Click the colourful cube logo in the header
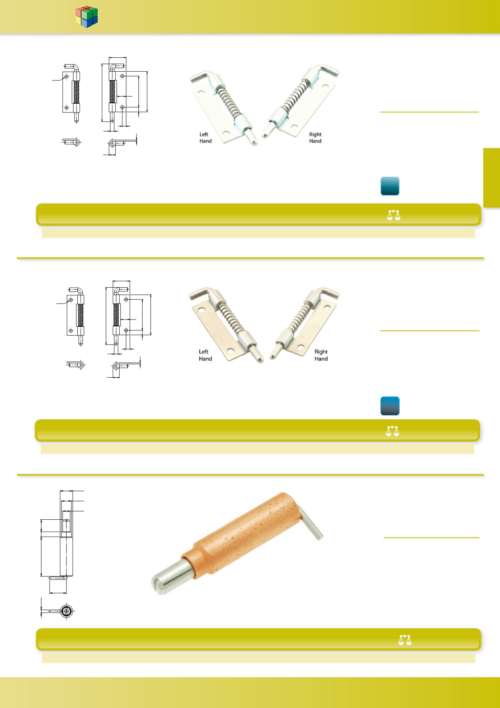click(87, 17)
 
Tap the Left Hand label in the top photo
click(205, 138)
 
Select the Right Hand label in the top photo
click(315, 138)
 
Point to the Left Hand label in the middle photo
click(205, 355)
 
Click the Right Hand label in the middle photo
click(321, 355)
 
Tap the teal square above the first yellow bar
click(390, 186)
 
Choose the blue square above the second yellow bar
click(390, 406)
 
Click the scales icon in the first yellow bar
click(393, 215)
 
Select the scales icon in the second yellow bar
click(393, 431)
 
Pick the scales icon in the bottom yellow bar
click(405, 640)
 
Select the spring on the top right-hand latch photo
click(294, 96)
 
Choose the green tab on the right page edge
click(492, 178)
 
